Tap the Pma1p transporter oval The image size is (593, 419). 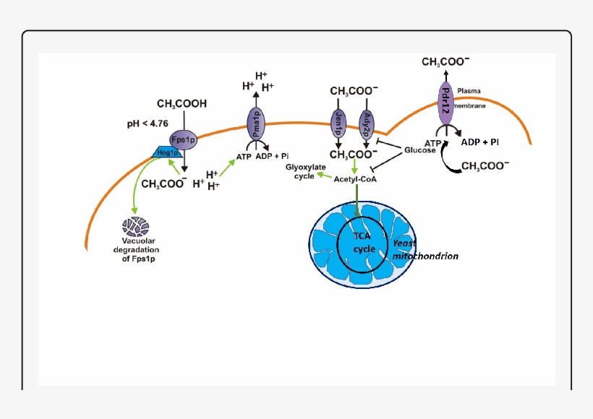coord(255,124)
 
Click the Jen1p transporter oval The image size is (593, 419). coord(338,124)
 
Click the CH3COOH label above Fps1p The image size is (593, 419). coord(182,104)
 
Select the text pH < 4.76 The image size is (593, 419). coord(148,124)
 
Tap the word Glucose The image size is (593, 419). coord(420,150)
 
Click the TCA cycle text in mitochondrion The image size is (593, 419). coord(364,243)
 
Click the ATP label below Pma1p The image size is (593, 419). coord(244,155)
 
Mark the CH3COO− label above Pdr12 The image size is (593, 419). coord(445,63)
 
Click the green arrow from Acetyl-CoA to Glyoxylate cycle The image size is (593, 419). coord(323,176)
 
